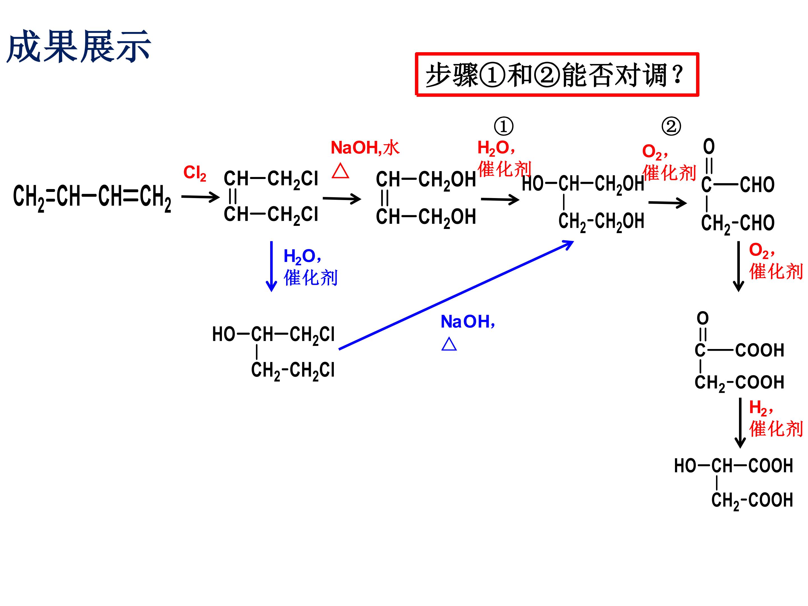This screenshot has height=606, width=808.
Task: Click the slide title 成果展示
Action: pyautogui.click(x=79, y=47)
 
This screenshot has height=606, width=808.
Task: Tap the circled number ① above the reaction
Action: pyautogui.click(x=503, y=126)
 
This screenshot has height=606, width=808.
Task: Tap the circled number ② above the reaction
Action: pyautogui.click(x=671, y=126)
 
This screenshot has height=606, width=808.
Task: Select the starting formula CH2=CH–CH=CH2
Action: pyautogui.click(x=92, y=197)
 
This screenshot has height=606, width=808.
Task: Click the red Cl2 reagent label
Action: pyautogui.click(x=195, y=173)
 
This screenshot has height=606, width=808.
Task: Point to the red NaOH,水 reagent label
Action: pyautogui.click(x=365, y=148)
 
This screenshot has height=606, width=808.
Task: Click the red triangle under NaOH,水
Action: pyautogui.click(x=340, y=171)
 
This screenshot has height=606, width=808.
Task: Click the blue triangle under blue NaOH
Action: pyautogui.click(x=449, y=344)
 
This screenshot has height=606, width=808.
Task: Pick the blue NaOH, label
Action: pyautogui.click(x=468, y=322)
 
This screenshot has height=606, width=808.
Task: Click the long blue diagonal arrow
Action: pyautogui.click(x=456, y=295)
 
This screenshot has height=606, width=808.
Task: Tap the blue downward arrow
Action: pyautogui.click(x=271, y=266)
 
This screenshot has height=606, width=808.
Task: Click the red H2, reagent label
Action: pyautogui.click(x=761, y=408)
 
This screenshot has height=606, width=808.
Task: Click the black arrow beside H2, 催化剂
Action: pyautogui.click(x=740, y=423)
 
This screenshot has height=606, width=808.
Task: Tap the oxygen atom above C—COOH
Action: pyautogui.click(x=703, y=318)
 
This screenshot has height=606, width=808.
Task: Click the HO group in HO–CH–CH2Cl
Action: pyautogui.click(x=224, y=334)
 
